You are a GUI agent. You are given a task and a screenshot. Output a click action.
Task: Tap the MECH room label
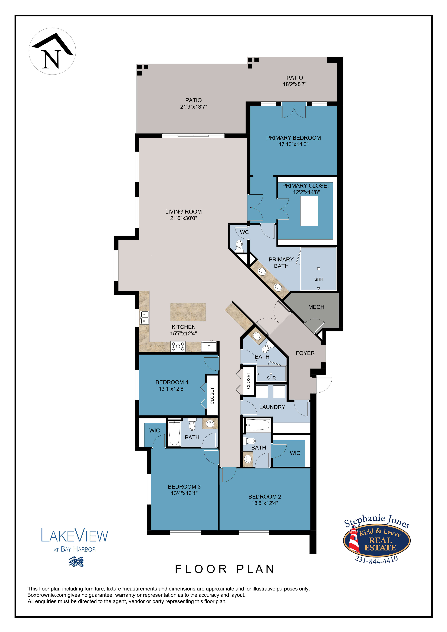click(316, 307)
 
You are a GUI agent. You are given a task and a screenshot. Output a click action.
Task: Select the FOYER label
click(305, 353)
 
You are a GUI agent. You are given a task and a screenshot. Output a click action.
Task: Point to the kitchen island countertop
click(188, 312)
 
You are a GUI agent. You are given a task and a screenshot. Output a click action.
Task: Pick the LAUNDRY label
click(272, 407)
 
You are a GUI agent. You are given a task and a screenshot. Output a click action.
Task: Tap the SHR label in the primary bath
click(319, 279)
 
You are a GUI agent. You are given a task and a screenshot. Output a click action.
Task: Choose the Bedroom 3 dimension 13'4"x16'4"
click(184, 493)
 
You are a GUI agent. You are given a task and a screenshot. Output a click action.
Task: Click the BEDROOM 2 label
click(265, 496)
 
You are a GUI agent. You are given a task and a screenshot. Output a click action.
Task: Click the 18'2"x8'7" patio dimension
click(295, 84)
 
